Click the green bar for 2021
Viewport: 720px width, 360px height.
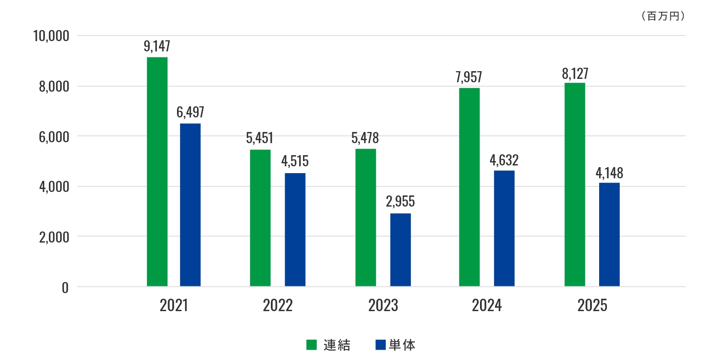[157, 171]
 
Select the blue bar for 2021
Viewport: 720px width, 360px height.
[190, 205]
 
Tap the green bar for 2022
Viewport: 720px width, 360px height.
[260, 218]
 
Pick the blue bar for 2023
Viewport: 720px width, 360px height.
[400, 249]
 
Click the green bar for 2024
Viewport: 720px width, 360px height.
[469, 187]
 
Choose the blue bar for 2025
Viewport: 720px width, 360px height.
[609, 234]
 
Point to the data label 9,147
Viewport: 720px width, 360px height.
[157, 46]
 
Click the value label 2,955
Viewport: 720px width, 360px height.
[400, 201]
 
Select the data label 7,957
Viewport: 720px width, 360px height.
[469, 77]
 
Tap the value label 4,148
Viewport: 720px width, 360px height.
[609, 173]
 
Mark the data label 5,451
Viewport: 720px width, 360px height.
[260, 138]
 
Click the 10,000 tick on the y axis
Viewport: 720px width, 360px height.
[51, 36]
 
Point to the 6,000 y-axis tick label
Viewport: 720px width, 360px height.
[54, 137]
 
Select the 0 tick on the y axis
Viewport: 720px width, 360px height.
[65, 288]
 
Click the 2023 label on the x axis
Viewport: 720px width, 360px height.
[383, 306]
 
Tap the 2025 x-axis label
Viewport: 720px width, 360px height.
[592, 306]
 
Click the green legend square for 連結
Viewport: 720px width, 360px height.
[312, 345]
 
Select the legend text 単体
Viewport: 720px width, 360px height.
[402, 345]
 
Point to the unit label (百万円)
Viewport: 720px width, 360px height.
[663, 16]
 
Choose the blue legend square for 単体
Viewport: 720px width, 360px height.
[381, 345]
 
